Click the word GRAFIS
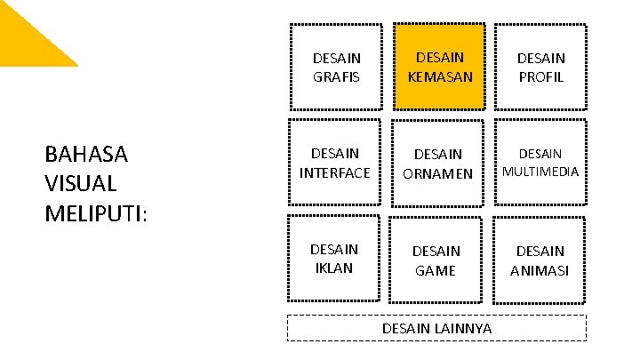337,77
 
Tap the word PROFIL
540,77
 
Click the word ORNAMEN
437,173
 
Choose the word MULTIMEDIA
540,171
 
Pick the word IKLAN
335,268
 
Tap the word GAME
436,270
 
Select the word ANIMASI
540,270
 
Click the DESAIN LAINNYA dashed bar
436,328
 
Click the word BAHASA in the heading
86,155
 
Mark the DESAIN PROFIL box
540,68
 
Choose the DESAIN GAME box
436,260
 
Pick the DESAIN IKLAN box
335,259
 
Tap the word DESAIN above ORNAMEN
437,155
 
